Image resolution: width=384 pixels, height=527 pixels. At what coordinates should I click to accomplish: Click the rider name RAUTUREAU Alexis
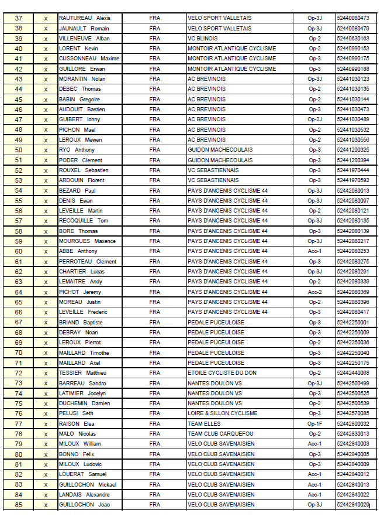tap(85, 18)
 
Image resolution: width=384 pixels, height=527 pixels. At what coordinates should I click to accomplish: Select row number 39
tap(19, 38)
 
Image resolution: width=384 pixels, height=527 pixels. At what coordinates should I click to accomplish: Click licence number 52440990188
tap(353, 69)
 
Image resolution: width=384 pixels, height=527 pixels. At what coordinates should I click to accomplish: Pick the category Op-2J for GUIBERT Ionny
tap(314, 119)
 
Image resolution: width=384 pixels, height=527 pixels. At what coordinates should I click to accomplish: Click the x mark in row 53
tap(46, 180)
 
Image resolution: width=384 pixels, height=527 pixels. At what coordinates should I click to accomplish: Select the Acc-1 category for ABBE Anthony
tap(314, 251)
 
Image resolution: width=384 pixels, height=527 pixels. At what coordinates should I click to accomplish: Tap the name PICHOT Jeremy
tap(80, 292)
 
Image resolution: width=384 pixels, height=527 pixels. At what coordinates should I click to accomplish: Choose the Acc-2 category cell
tap(314, 292)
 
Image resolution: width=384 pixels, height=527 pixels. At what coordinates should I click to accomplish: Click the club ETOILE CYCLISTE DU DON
tap(222, 373)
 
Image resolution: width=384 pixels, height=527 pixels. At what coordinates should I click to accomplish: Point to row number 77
tap(19, 423)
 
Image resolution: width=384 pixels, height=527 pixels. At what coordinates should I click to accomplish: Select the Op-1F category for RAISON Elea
tap(314, 423)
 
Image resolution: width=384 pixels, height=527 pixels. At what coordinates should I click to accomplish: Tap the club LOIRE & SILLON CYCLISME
tap(223, 413)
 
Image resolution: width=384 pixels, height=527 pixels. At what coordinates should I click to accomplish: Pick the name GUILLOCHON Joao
tap(85, 505)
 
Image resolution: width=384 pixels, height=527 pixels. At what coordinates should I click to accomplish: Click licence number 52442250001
tap(353, 322)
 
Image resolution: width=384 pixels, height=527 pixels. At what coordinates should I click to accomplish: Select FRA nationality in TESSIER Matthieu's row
tap(154, 373)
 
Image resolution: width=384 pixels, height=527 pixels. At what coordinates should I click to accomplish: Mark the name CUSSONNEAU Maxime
tap(89, 59)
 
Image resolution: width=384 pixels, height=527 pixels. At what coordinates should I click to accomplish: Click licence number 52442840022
tap(353, 495)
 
